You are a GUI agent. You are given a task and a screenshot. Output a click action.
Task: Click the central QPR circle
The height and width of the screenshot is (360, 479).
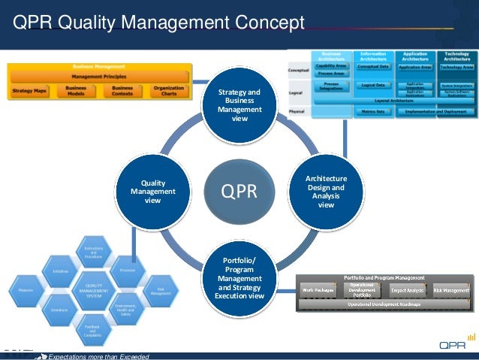tap(239, 192)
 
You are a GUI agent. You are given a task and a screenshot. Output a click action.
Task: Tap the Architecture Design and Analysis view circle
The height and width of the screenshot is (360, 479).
tap(326, 192)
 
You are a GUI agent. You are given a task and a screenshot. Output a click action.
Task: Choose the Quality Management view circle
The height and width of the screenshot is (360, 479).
tap(153, 192)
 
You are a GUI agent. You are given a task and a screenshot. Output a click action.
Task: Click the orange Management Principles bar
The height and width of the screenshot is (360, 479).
tap(98, 77)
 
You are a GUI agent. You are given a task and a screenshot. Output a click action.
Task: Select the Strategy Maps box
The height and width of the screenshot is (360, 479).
tap(29, 91)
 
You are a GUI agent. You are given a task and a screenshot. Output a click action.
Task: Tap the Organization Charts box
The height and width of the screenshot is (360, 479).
tap(168, 91)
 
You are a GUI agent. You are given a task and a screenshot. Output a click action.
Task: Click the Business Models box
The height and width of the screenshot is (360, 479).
tap(76, 91)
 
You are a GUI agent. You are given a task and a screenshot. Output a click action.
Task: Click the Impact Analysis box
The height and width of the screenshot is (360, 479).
tap(408, 289)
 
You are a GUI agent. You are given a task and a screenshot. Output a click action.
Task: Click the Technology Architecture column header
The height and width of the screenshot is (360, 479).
tap(457, 56)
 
